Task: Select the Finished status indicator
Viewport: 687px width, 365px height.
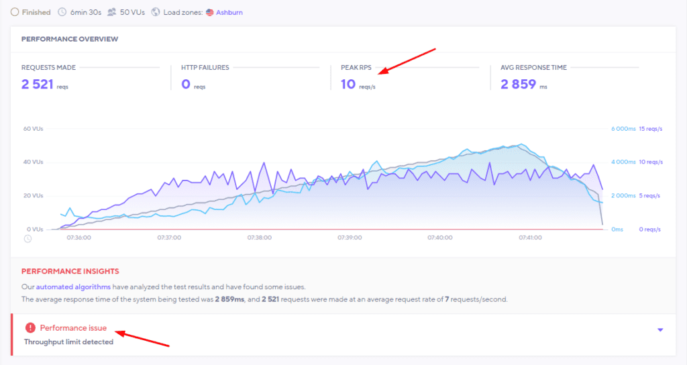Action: (35, 11)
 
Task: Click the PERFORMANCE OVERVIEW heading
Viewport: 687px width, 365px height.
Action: (70, 39)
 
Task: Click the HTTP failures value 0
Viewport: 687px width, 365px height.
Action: (186, 84)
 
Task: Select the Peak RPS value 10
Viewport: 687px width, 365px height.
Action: (348, 84)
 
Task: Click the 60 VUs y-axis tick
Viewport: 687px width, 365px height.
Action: (33, 129)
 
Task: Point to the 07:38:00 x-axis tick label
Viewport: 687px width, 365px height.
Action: (259, 238)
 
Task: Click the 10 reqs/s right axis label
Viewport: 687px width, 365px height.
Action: (650, 162)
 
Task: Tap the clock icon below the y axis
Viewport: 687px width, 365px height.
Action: (28, 238)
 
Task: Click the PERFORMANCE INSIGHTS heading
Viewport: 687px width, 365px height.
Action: (70, 271)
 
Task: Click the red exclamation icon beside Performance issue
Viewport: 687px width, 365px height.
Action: (30, 327)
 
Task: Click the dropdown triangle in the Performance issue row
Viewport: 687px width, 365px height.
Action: (660, 329)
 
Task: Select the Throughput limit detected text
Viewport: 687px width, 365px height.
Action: (68, 342)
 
